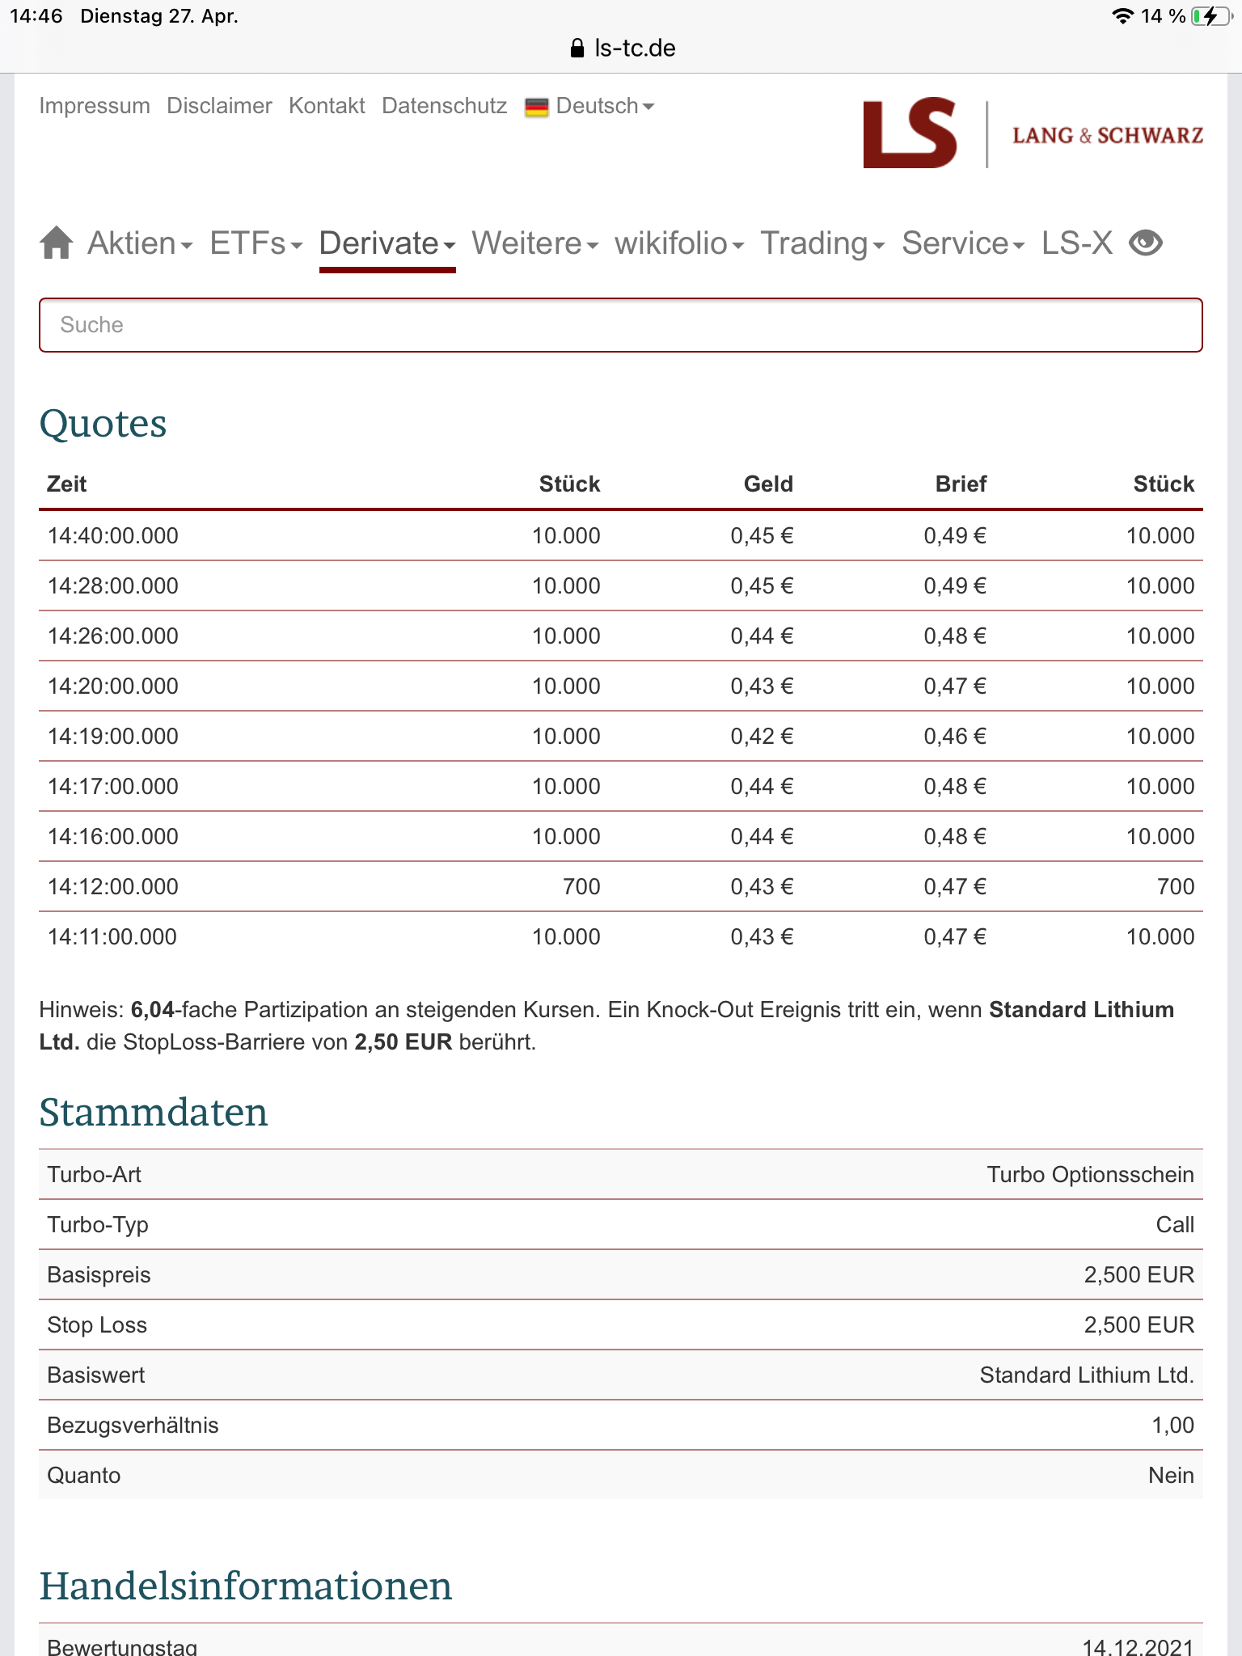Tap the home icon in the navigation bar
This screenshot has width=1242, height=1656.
(57, 243)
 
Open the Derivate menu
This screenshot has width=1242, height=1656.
(387, 243)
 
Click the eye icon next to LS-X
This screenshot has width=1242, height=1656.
(1145, 243)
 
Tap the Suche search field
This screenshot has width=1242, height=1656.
(620, 325)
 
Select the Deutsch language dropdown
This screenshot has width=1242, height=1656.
(590, 106)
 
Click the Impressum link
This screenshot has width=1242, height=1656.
(95, 106)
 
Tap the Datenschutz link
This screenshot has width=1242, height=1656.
(444, 106)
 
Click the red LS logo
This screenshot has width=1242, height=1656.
(910, 133)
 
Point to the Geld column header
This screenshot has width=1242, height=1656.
(767, 484)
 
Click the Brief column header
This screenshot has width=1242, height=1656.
(961, 484)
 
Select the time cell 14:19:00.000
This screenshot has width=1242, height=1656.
(113, 736)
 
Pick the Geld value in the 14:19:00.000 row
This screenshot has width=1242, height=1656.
(762, 736)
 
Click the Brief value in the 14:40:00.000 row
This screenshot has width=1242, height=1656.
(955, 535)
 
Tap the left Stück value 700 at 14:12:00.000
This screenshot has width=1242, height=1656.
(581, 886)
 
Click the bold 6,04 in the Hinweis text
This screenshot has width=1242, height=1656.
(152, 1009)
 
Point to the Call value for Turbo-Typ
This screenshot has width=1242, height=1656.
(1174, 1224)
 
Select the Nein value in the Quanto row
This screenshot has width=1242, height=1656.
(1170, 1475)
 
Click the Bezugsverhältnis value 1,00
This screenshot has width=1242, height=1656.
(1172, 1425)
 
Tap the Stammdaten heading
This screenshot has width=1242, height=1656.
(154, 1112)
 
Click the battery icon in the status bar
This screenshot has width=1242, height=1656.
(1210, 16)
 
